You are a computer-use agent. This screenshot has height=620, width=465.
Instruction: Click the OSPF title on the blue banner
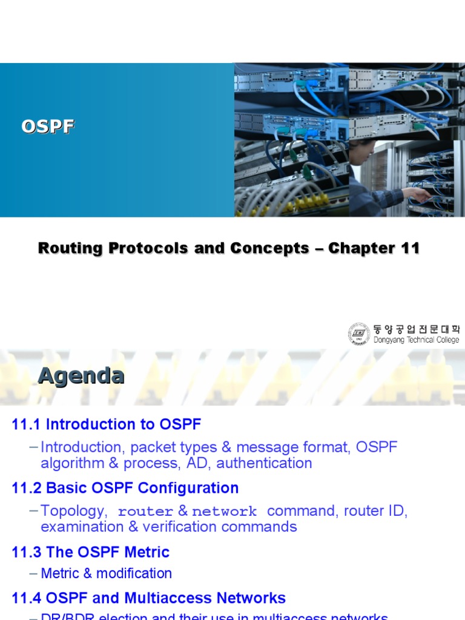48,126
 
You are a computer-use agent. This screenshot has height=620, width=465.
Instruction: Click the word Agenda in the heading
81,376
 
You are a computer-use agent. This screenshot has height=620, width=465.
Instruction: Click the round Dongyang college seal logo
358,333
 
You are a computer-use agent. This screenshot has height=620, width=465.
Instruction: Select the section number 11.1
27,424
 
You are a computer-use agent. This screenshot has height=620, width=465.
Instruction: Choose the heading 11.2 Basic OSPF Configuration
125,488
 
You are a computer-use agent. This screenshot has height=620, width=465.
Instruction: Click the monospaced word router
145,512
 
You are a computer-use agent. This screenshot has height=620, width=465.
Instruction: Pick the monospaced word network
225,512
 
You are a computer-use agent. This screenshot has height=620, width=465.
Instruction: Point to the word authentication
264,464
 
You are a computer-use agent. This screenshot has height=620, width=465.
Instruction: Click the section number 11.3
27,552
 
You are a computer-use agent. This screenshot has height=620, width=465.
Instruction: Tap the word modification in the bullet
139,573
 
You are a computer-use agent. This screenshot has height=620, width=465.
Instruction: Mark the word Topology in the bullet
72,512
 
